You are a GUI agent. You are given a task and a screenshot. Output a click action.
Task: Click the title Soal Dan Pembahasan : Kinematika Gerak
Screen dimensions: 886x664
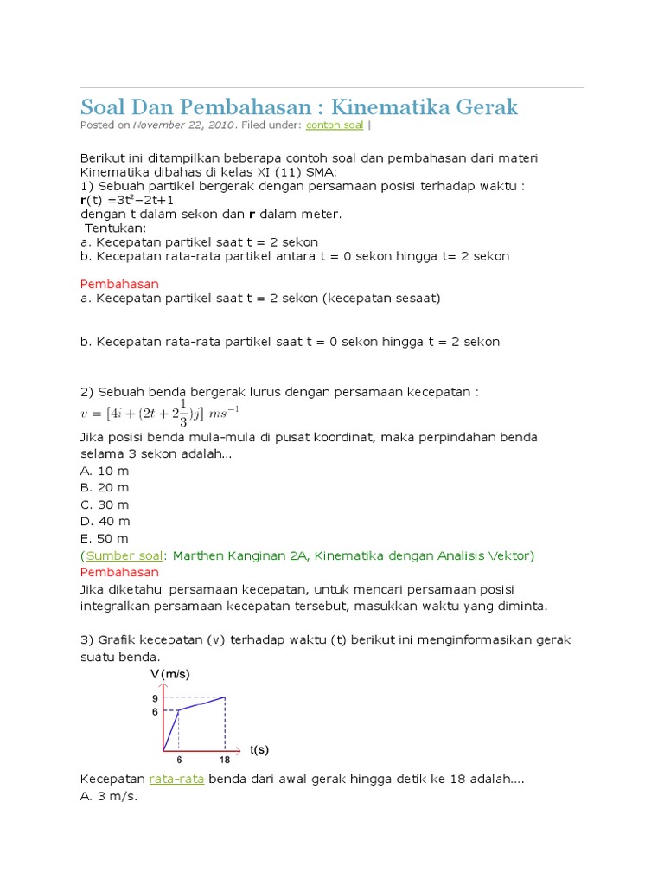(299, 107)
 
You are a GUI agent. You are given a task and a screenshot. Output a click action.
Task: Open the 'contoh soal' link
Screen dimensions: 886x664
(335, 125)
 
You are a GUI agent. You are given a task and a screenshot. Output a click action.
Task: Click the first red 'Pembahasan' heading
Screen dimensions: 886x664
(119, 284)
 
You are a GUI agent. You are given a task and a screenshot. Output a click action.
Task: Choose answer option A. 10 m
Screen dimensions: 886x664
(105, 471)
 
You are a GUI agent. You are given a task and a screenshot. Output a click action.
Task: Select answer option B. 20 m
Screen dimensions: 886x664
(105, 487)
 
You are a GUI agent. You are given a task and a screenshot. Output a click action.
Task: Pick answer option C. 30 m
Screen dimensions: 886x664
(105, 504)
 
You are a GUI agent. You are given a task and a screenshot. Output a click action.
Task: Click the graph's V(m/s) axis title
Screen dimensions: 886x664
(170, 674)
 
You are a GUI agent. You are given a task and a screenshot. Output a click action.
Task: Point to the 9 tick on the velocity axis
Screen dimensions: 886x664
(155, 698)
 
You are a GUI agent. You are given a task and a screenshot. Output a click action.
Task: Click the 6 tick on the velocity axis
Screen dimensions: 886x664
(155, 712)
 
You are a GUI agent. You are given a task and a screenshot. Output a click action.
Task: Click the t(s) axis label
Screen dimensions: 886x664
(259, 749)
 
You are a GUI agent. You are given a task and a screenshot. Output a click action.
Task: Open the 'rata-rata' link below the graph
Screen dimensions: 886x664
(176, 779)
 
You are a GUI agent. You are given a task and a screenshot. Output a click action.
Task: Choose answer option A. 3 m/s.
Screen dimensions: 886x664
(109, 796)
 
